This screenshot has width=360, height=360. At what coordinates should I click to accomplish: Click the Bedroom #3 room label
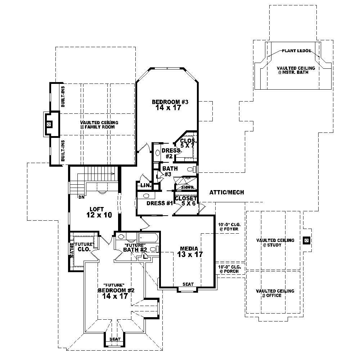tap(170, 102)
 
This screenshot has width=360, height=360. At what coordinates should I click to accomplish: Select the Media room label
tap(189, 248)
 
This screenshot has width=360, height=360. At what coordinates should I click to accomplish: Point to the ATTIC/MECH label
tap(226, 193)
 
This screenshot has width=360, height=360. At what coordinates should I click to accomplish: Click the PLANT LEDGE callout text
tap(296, 51)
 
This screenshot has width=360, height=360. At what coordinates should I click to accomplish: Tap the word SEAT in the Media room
tap(188, 284)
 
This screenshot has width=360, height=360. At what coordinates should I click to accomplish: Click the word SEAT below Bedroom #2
tap(115, 339)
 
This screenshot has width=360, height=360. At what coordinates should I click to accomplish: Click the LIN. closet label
tap(145, 185)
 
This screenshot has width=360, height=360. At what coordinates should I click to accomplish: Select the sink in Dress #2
tap(157, 153)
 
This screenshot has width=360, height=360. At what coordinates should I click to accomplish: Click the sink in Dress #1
tap(146, 196)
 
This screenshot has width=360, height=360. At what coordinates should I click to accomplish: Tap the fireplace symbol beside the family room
tap(49, 124)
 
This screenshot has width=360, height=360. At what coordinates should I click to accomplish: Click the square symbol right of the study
tap(306, 239)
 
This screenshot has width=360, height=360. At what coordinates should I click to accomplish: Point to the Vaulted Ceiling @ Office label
tap(275, 293)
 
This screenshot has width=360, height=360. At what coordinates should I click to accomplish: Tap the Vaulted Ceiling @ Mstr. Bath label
tap(296, 70)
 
